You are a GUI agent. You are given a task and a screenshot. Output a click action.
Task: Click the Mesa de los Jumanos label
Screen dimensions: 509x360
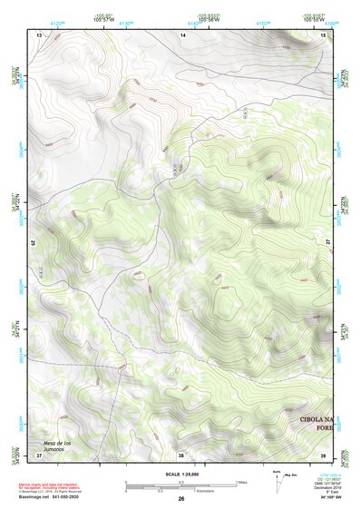pyautogui.click(x=55, y=445)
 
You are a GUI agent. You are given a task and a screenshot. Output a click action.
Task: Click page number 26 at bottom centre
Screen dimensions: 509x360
pyautogui.click(x=181, y=499)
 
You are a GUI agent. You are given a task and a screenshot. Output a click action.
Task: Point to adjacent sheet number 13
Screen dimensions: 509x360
pyautogui.click(x=39, y=34)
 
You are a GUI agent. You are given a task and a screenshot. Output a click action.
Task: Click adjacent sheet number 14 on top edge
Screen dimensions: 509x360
pyautogui.click(x=181, y=34)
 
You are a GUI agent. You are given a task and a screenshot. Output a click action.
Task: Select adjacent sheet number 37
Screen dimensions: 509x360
pyautogui.click(x=38, y=455)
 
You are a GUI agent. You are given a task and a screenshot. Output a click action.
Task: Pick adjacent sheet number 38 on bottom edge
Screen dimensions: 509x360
pyautogui.click(x=181, y=455)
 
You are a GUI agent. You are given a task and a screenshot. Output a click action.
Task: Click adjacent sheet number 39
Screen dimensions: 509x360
pyautogui.click(x=324, y=455)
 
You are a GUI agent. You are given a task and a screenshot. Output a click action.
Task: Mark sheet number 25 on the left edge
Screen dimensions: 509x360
pyautogui.click(x=34, y=243)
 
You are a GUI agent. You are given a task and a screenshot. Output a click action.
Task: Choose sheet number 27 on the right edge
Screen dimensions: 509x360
pyautogui.click(x=328, y=243)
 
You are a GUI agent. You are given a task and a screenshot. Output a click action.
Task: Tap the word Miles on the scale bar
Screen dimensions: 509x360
pyautogui.click(x=241, y=482)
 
